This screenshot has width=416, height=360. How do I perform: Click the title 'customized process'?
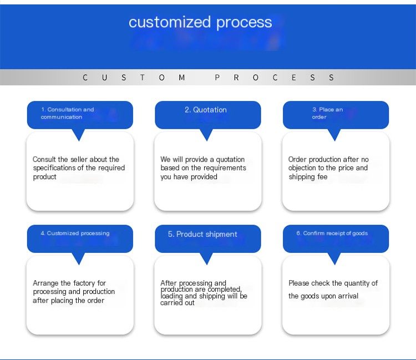[200, 22]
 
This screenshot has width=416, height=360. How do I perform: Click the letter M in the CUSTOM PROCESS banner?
[182, 78]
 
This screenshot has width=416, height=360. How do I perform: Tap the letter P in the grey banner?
[217, 78]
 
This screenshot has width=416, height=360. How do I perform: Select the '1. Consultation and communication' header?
[67, 113]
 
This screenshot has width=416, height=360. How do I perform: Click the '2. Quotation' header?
[206, 110]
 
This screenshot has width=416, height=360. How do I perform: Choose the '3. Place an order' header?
[327, 113]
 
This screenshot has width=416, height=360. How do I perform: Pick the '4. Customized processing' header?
[75, 234]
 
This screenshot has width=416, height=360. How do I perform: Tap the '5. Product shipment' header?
[202, 234]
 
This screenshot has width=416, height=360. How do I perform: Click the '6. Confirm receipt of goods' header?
[332, 234]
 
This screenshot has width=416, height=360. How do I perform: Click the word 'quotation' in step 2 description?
[230, 160]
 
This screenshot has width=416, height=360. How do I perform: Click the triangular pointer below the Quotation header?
[207, 135]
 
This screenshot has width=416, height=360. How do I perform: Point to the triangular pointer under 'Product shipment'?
[207, 258]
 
